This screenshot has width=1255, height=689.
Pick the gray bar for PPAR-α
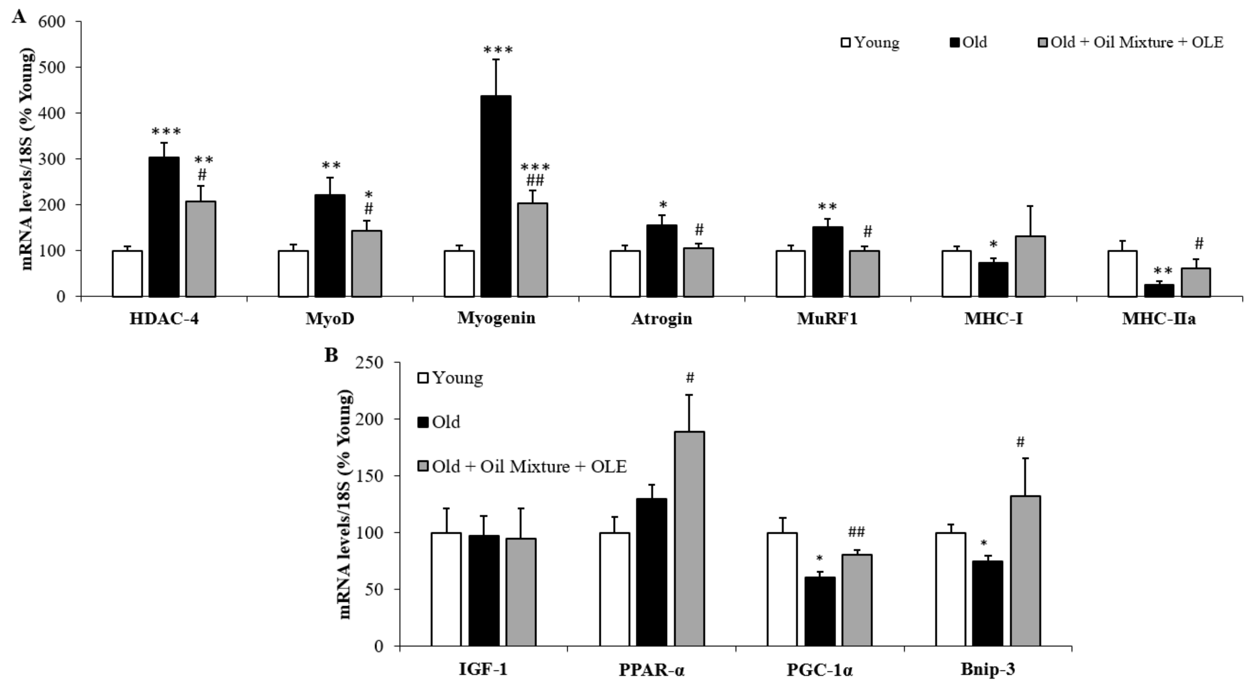689,538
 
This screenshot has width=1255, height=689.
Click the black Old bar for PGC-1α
820,611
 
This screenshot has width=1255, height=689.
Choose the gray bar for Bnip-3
1025,571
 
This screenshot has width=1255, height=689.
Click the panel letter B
331,355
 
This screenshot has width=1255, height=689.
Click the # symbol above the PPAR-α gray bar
689,377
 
